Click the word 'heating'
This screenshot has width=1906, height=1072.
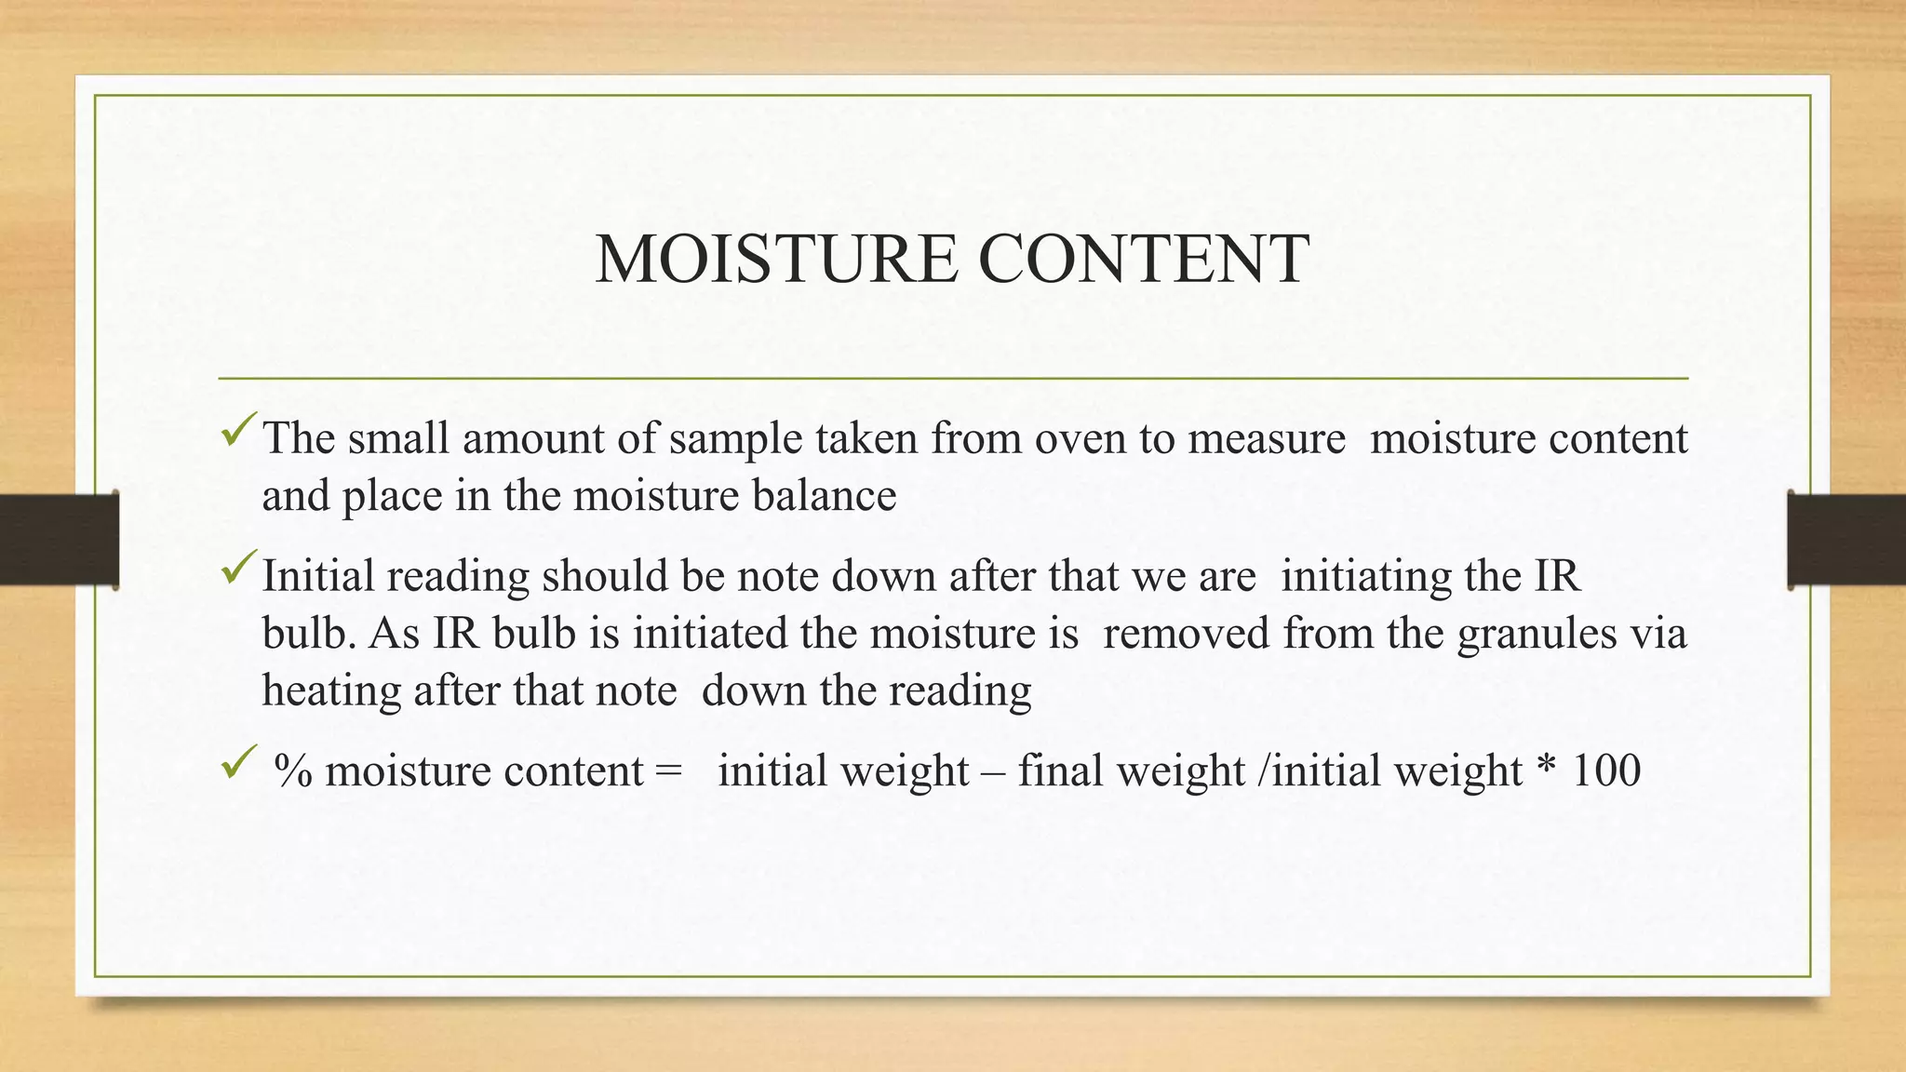(x=331, y=691)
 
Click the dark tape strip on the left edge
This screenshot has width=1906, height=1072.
(x=59, y=540)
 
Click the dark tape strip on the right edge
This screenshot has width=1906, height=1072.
(x=1846, y=540)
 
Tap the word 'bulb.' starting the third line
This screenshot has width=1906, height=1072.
(x=309, y=635)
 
